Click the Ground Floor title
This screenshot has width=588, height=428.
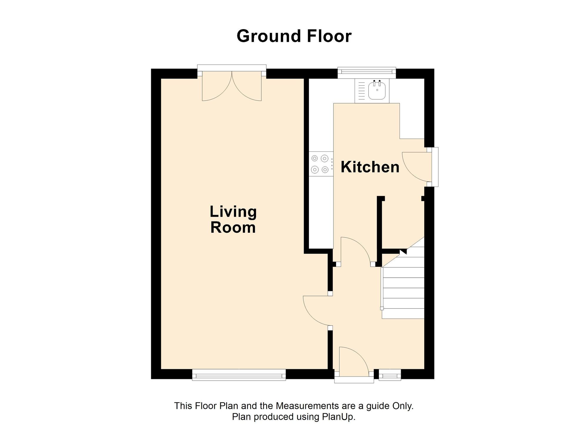pos(294,36)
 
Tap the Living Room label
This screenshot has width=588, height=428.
pos(233,219)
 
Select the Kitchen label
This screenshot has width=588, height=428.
pos(370,167)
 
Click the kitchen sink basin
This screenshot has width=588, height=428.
pos(377,90)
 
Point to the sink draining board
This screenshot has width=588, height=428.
pos(362,90)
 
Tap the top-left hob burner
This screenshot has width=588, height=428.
pos(315,159)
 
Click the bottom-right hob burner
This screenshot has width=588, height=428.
pos(325,170)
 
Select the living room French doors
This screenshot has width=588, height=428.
pos(232,85)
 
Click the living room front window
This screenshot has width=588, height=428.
pos(239,375)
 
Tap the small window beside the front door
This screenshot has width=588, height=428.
pos(390,375)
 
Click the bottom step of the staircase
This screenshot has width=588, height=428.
pos(403,314)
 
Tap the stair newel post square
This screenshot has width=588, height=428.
pos(382,308)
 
